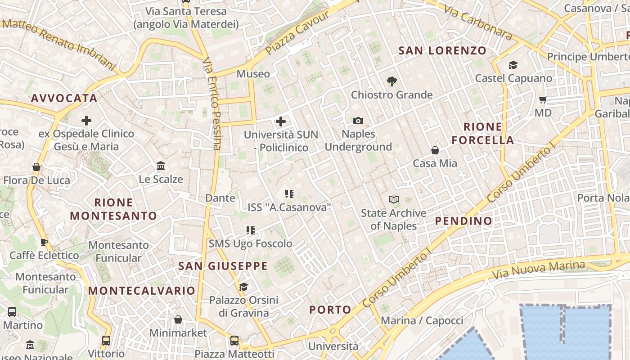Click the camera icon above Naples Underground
(358, 121)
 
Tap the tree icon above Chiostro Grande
(391, 81)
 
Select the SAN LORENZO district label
(442, 50)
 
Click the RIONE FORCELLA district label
(482, 133)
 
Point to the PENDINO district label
(463, 221)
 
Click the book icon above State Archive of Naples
(394, 199)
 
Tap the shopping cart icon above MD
(543, 99)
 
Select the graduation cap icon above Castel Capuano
(513, 65)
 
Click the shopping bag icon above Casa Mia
(435, 150)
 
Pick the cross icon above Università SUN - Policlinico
(281, 121)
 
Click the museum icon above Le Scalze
(161, 166)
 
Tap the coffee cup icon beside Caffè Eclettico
(44, 242)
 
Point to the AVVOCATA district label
(64, 98)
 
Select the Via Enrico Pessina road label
(211, 103)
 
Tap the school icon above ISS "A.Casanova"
(289, 194)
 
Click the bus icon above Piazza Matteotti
(234, 341)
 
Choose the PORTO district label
(330, 310)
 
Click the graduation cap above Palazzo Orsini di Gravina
(243, 287)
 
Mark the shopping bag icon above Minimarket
(178, 320)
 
